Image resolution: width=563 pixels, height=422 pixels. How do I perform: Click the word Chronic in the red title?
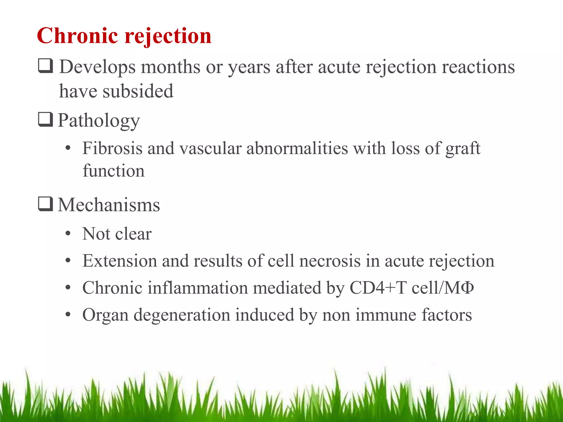pyautogui.click(x=78, y=36)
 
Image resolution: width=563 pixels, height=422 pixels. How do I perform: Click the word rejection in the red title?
pyautogui.click(x=168, y=36)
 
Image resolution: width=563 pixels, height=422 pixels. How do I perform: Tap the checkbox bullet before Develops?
pyautogui.click(x=45, y=66)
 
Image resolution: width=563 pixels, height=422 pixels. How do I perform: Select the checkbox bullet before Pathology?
pyautogui.click(x=45, y=120)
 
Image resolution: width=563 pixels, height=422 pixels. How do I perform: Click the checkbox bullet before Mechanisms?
pyautogui.click(x=45, y=204)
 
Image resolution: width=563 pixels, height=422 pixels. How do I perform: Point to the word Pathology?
pyautogui.click(x=99, y=121)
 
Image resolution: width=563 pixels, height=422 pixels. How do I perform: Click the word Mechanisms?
pyautogui.click(x=109, y=205)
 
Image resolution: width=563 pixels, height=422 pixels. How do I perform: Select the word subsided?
pyautogui.click(x=138, y=91)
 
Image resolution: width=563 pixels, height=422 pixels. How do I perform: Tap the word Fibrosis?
pyautogui.click(x=112, y=148)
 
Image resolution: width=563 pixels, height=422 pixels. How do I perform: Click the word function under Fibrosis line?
pyautogui.click(x=114, y=171)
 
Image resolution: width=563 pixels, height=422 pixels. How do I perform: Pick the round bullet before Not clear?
pyautogui.click(x=68, y=234)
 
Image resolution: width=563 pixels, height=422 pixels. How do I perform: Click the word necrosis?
pyautogui.click(x=330, y=261)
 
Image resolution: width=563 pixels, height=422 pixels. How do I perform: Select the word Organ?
pyautogui.click(x=106, y=315)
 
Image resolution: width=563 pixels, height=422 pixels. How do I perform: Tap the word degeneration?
pyautogui.click(x=182, y=315)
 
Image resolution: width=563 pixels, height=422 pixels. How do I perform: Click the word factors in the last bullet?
pyautogui.click(x=447, y=315)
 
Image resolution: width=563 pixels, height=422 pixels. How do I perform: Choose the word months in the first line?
pyautogui.click(x=170, y=67)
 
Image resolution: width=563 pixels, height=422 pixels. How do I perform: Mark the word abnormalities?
pyautogui.click(x=297, y=148)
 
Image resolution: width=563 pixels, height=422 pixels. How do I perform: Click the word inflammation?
pyautogui.click(x=198, y=288)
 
